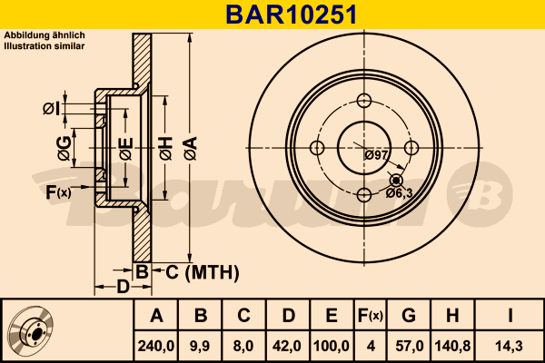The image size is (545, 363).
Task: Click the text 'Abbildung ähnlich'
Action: click(45, 35)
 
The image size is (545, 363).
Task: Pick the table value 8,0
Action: click(243, 345)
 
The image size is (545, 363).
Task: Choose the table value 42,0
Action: click(286, 345)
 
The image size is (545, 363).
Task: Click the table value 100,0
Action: click(332, 345)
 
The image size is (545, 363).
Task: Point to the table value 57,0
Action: click(409, 345)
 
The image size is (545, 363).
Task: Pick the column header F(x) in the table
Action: click(371, 316)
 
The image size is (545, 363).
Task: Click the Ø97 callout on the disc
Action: click(376, 155)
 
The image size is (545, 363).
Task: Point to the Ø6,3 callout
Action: click(400, 191)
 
